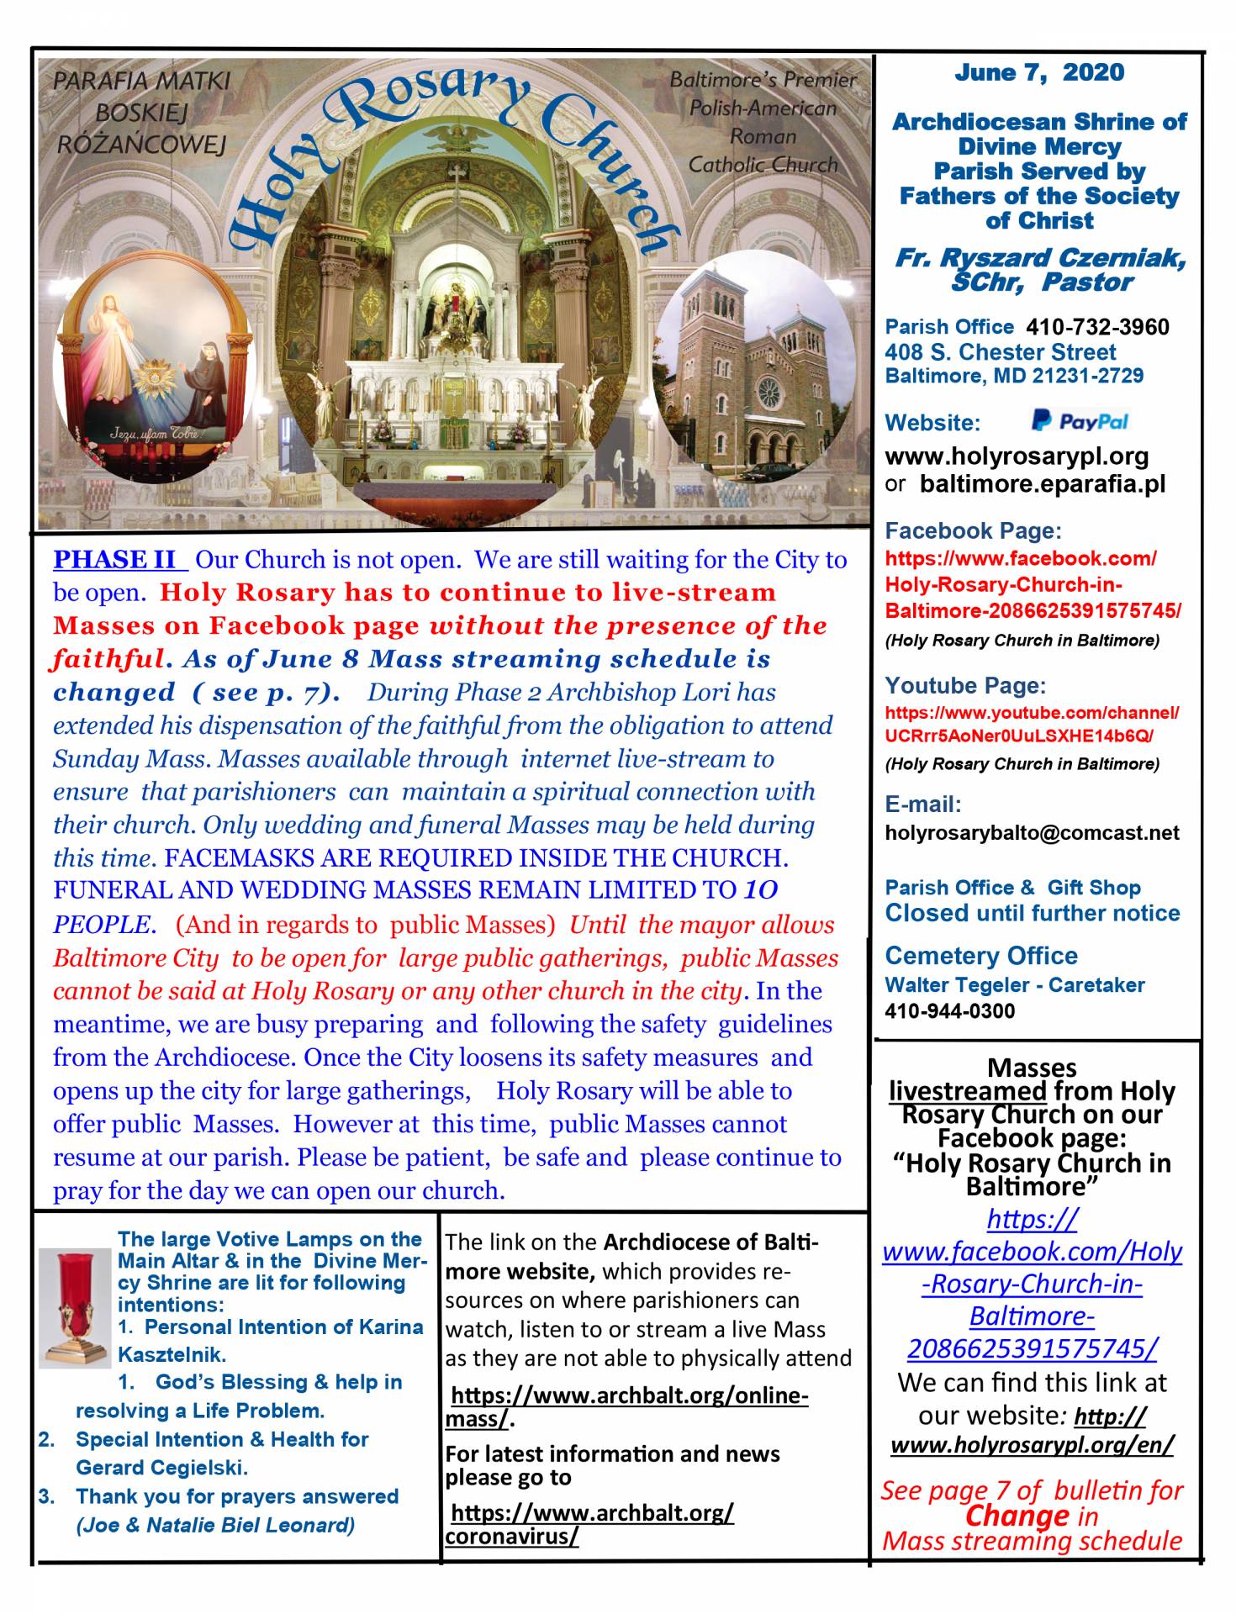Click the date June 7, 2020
tap(1038, 73)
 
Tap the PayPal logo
tap(1080, 421)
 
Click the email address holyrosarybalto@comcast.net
tap(1032, 833)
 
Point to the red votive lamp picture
tap(75, 1308)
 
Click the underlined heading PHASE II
tap(115, 560)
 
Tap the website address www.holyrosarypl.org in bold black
tap(1017, 456)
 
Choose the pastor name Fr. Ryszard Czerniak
tap(1040, 258)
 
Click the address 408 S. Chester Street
tap(1000, 352)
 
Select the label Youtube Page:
tap(965, 685)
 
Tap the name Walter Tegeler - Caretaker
tap(1014, 984)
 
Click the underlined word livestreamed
tap(967, 1091)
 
